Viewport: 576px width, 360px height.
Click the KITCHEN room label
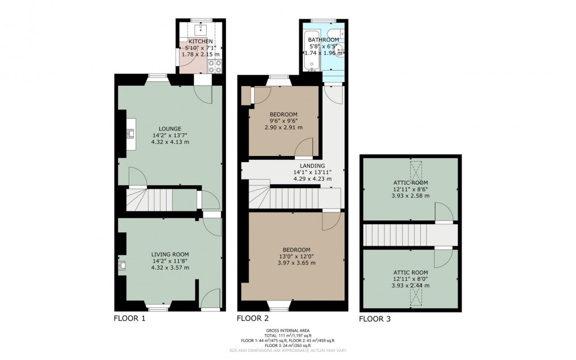(200, 42)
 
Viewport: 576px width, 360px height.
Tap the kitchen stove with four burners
(215, 67)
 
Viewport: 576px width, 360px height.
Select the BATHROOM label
(323, 40)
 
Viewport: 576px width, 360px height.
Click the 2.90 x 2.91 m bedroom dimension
(283, 128)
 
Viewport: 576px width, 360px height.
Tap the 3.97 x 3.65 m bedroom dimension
(296, 263)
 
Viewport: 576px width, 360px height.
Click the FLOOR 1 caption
(130, 319)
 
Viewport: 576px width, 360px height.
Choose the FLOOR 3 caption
(374, 319)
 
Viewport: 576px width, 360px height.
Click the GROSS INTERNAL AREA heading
(288, 331)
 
